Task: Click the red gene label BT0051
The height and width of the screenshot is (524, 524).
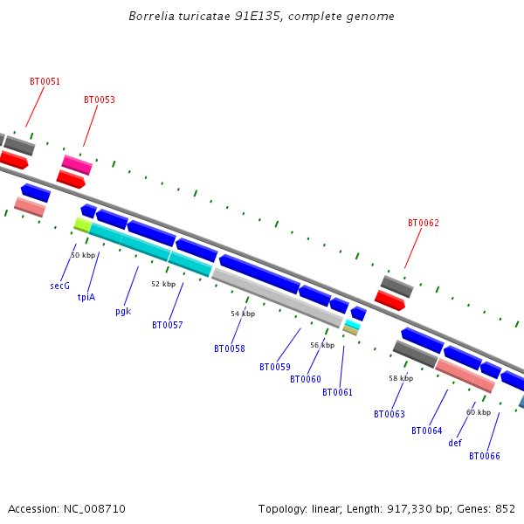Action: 45,81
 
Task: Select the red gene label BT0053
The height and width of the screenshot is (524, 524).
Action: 100,100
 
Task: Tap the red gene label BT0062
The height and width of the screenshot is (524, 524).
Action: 424,223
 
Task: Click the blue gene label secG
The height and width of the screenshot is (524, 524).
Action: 59,286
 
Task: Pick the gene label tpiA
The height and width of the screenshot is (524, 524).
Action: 86,297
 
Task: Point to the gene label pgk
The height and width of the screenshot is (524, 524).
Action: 123,312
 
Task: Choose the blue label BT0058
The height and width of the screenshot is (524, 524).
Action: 230,348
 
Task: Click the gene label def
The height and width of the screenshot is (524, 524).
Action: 455,443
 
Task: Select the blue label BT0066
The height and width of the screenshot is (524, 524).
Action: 485,456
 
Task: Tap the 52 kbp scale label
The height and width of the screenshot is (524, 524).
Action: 163,284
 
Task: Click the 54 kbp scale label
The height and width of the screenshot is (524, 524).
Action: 243,314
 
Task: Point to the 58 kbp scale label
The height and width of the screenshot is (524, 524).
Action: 401,378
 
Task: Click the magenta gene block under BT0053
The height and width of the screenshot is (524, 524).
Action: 77,165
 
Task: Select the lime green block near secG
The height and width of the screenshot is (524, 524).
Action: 83,225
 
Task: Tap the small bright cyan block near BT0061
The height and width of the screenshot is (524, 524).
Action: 353,324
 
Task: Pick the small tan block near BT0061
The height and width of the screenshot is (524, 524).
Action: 350,330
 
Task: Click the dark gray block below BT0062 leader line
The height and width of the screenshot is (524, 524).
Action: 396,286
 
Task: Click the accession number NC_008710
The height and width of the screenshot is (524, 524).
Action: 94,509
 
